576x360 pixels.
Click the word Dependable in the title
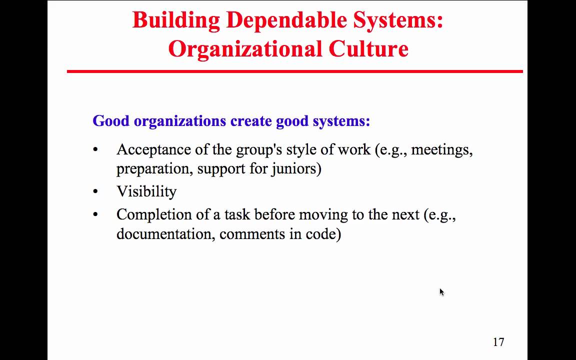coord(286,20)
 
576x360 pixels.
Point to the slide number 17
coord(498,342)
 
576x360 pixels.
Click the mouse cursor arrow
coord(441,292)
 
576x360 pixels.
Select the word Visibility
coord(146,191)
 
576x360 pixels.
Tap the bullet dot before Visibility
coord(95,191)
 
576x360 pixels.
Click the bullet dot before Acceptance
coord(95,149)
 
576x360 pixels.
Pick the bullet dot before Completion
coord(95,214)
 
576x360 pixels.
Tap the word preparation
coord(152,168)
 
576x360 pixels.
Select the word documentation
coord(165,233)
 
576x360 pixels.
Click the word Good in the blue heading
coord(111,121)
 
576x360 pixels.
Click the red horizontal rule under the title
coord(295,71)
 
